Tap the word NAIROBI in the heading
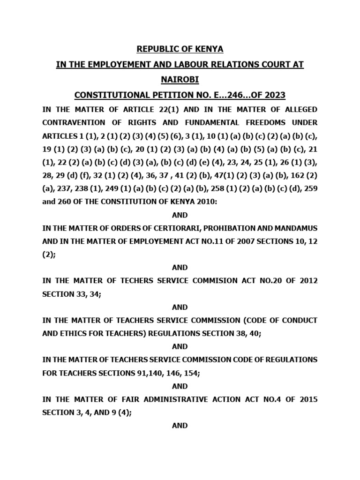[180, 80]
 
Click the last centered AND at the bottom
[180, 426]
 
